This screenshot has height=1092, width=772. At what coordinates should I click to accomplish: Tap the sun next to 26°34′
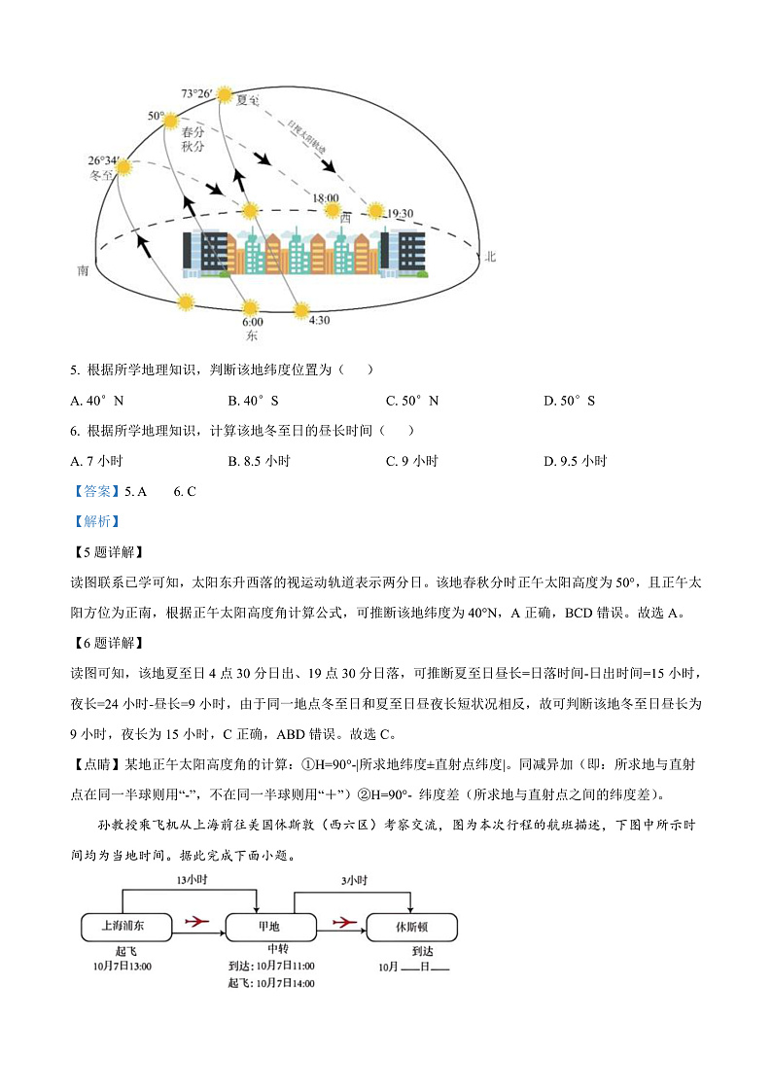tap(123, 168)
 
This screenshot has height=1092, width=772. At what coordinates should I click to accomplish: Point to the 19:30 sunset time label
tap(401, 213)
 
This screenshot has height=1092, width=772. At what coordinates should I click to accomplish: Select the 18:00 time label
tap(326, 197)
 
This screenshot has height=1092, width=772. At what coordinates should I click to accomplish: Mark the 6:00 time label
tap(252, 322)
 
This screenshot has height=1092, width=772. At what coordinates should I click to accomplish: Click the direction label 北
tap(491, 257)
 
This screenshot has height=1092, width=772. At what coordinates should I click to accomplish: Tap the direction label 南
tap(85, 271)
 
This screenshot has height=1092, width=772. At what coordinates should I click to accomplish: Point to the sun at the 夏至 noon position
tap(226, 95)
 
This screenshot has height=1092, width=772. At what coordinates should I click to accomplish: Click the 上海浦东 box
tap(124, 927)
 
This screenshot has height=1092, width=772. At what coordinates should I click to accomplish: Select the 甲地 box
tap(271, 927)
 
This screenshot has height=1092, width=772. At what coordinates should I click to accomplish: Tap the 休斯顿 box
tap(411, 927)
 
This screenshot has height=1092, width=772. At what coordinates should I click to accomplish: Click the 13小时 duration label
tap(191, 880)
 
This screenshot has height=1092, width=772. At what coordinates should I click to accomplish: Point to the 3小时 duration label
tap(353, 880)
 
